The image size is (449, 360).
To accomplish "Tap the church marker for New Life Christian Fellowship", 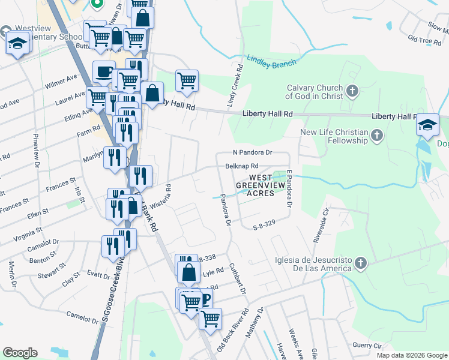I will point(377,136).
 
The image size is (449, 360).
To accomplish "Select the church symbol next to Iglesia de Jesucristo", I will point(360,263).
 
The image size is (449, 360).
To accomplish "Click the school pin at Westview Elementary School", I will point(18,43).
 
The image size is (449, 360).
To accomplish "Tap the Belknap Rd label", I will point(241,166).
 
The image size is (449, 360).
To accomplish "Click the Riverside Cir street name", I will point(319,225).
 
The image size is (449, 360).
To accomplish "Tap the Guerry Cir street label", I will point(367,346).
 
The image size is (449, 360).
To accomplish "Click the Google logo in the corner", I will point(20,353).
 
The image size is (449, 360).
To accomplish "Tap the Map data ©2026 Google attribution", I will point(411,355).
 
